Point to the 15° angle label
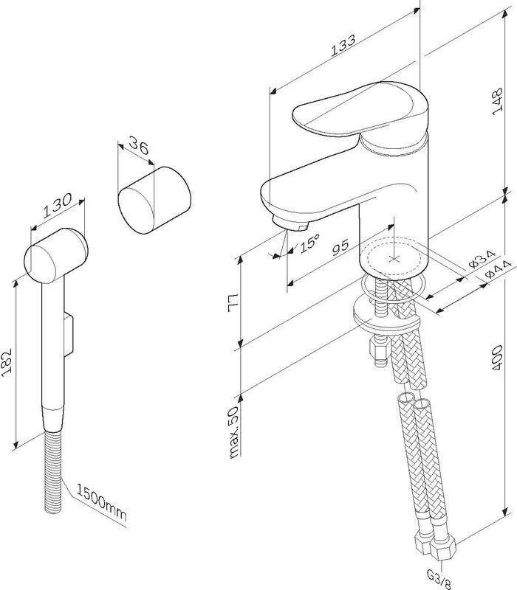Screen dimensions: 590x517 coord(309,244)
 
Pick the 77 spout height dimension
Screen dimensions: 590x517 coord(234,302)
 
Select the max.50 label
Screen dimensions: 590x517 coord(234,431)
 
